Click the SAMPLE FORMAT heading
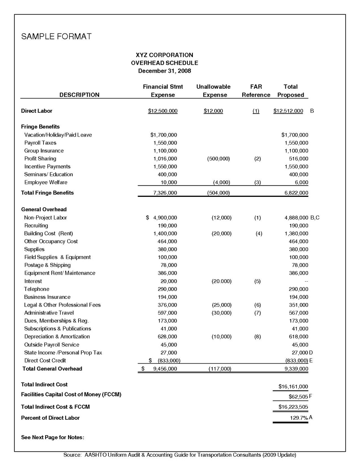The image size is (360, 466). pyautogui.click(x=56, y=37)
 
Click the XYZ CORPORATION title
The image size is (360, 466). pyautogui.click(x=164, y=55)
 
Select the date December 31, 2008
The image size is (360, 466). pyautogui.click(x=164, y=71)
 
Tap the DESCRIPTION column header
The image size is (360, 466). pyautogui.click(x=79, y=95)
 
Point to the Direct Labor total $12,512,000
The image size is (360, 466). pyautogui.click(x=288, y=111)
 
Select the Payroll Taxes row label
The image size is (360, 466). pyautogui.click(x=40, y=143)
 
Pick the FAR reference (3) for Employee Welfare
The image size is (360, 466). pyautogui.click(x=257, y=182)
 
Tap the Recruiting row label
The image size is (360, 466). pyautogui.click(x=36, y=226)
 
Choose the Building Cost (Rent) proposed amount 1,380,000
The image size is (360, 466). pyautogui.click(x=296, y=233)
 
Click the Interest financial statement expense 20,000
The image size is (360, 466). pyautogui.click(x=169, y=281)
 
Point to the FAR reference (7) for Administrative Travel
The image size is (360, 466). pyautogui.click(x=257, y=313)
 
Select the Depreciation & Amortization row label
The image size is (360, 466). pyautogui.click(x=57, y=336)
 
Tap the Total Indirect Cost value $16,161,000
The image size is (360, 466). pyautogui.click(x=293, y=387)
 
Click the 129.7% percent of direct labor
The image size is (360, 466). pyautogui.click(x=299, y=418)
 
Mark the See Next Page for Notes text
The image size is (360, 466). pyautogui.click(x=52, y=438)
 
